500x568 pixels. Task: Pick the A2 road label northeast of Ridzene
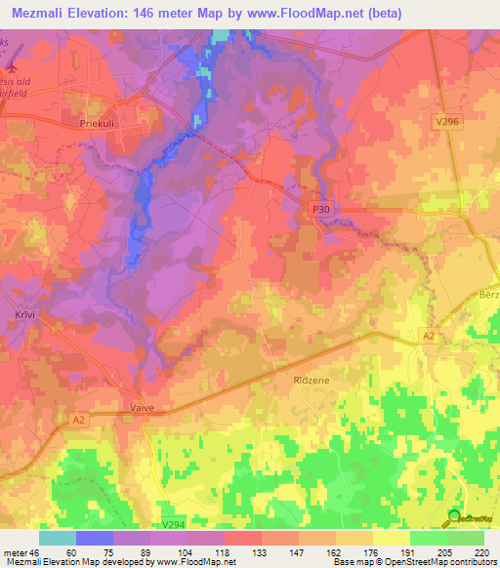(x=428, y=335)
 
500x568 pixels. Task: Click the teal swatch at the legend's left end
(x=58, y=538)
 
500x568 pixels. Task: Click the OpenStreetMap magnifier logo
(x=453, y=518)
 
